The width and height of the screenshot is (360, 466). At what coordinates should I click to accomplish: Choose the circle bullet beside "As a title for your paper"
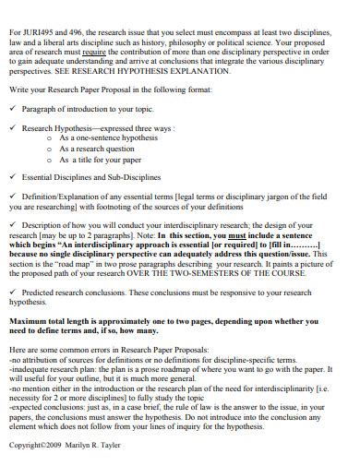tap(49, 157)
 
